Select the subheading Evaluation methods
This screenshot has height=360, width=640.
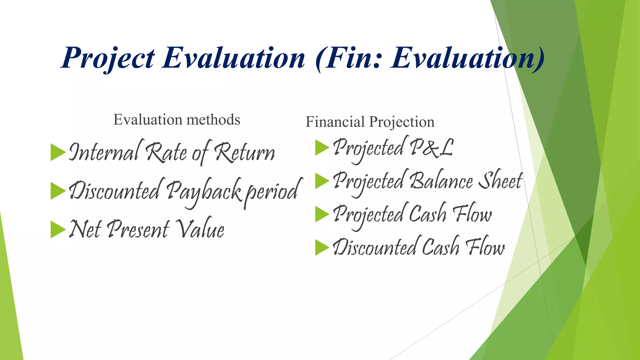click(x=177, y=120)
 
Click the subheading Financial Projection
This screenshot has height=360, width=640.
click(x=370, y=122)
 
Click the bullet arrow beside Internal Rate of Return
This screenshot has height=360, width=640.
click(x=57, y=152)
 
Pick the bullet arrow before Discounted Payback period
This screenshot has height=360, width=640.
click(x=57, y=191)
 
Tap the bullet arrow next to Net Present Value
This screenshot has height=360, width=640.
click(x=57, y=230)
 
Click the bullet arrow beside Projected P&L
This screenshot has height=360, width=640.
click(x=322, y=147)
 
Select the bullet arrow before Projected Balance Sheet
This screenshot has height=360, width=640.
click(x=322, y=181)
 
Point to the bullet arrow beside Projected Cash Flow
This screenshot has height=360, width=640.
click(x=322, y=214)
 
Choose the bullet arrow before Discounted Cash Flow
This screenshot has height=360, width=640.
click(x=322, y=247)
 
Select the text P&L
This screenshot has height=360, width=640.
click(x=431, y=147)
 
